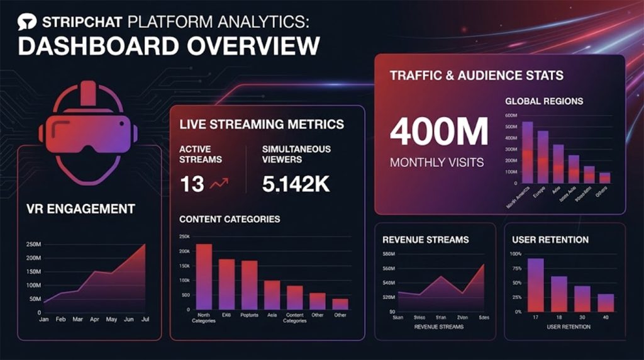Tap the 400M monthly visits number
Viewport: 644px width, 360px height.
(439, 133)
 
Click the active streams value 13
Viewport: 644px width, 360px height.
(191, 184)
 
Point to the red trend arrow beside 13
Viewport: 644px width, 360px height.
(219, 184)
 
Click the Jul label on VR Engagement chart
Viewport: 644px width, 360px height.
(146, 320)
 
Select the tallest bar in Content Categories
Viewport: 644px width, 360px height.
(204, 276)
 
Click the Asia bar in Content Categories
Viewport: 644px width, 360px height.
(272, 295)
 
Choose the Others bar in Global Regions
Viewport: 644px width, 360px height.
(604, 177)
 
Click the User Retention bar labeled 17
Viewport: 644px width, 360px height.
(536, 285)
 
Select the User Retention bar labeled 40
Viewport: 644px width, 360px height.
(606, 303)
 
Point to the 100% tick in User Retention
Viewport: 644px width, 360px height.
(515, 254)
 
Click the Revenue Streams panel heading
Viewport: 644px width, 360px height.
(425, 240)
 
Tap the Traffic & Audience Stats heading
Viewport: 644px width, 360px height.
(476, 76)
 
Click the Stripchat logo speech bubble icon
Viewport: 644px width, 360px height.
(26, 23)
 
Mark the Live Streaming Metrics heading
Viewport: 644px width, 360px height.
(262, 124)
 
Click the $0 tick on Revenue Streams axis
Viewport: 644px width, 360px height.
(392, 311)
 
